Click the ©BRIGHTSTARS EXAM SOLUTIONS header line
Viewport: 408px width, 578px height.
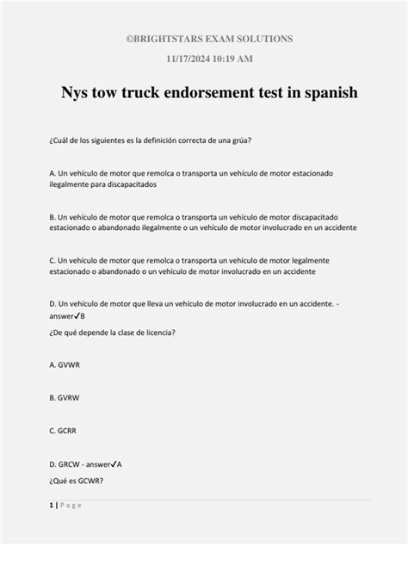[204, 39]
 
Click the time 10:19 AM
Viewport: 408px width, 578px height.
[230, 59]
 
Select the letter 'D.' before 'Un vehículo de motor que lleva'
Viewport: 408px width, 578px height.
[53, 304]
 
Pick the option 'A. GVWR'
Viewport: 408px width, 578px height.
[65, 364]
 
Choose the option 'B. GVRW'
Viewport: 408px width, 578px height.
[65, 397]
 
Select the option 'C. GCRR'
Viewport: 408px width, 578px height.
[65, 429]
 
